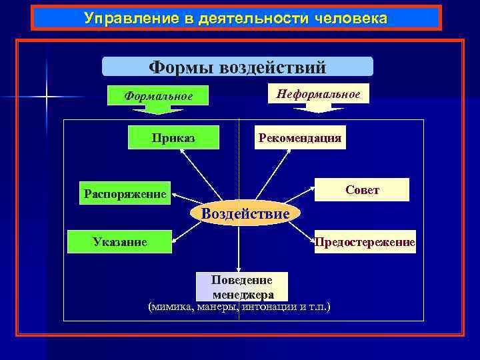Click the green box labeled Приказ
tap(173, 139)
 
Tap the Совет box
tap(363, 190)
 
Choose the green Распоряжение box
tap(125, 194)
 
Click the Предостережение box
tap(365, 242)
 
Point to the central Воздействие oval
tap(245, 213)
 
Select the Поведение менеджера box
tap(243, 286)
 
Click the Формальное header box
tap(158, 97)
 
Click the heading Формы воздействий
tap(237, 67)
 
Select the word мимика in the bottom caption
tap(168, 307)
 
